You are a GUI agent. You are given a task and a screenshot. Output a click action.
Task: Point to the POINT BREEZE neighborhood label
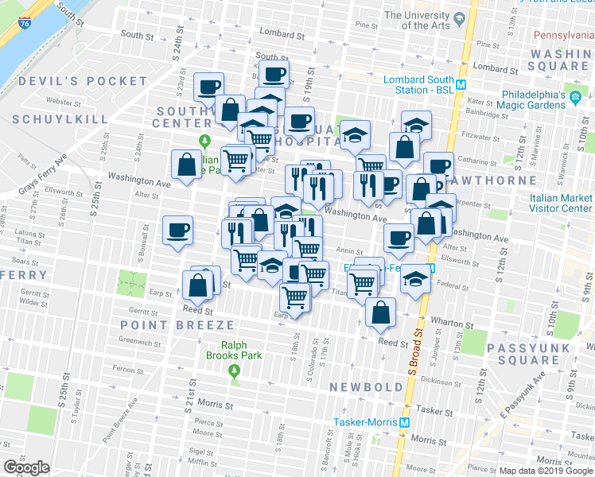point(177,325)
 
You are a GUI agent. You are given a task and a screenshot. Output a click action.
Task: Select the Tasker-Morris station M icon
point(405,422)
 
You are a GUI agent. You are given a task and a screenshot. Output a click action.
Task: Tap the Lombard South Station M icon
point(461,80)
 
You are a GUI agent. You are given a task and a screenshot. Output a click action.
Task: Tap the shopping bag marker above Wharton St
point(381,313)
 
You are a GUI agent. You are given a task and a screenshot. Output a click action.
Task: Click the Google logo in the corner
point(26,467)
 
